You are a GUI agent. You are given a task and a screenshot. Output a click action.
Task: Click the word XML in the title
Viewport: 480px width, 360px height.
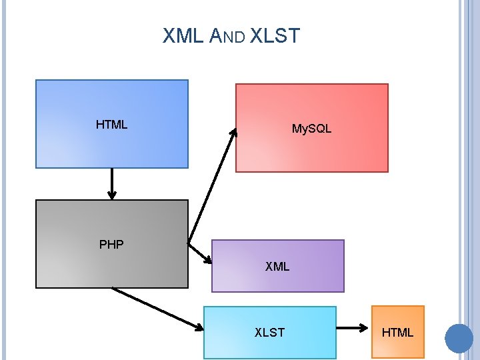tap(183, 37)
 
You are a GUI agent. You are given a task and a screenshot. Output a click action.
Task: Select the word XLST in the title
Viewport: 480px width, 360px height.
tap(275, 37)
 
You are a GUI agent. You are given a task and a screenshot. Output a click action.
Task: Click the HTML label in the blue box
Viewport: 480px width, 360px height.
tap(111, 125)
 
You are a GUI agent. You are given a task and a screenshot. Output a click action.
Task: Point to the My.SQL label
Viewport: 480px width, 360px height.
tap(311, 129)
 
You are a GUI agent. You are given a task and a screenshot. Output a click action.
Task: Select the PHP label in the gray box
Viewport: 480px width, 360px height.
tap(111, 245)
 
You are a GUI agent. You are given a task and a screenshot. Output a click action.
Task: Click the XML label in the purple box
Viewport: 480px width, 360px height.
tap(277, 267)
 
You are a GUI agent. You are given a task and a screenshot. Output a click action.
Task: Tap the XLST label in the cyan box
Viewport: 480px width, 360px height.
tap(269, 332)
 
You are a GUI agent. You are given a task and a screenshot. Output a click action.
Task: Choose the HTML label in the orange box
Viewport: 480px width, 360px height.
tap(397, 332)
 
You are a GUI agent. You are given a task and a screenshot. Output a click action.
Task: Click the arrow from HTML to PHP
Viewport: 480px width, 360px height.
tap(112, 183)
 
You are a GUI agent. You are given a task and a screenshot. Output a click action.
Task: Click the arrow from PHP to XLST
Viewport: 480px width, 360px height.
tap(157, 308)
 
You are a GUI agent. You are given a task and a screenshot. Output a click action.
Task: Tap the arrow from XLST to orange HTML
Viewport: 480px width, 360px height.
tap(353, 328)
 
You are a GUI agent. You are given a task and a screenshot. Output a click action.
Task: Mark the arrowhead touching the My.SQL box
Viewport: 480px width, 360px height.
tap(233, 132)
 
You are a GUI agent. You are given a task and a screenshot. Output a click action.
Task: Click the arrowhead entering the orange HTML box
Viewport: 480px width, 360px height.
tap(365, 328)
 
